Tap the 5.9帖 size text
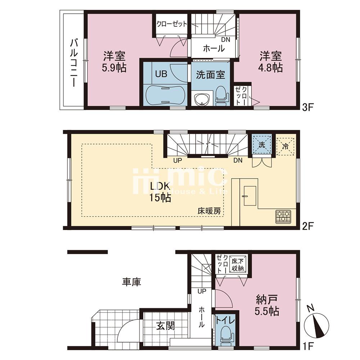tap(115, 68)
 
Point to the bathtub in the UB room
tap(165, 95)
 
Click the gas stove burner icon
tap(284, 216)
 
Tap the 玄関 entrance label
tap(165, 326)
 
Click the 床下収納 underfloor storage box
tap(238, 265)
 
